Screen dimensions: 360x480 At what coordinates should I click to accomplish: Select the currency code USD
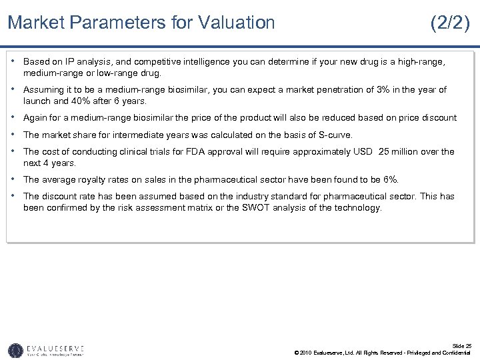(x=363, y=151)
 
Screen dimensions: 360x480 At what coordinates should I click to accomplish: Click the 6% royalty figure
(x=390, y=179)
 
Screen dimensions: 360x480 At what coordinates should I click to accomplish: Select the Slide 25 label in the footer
(x=462, y=346)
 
